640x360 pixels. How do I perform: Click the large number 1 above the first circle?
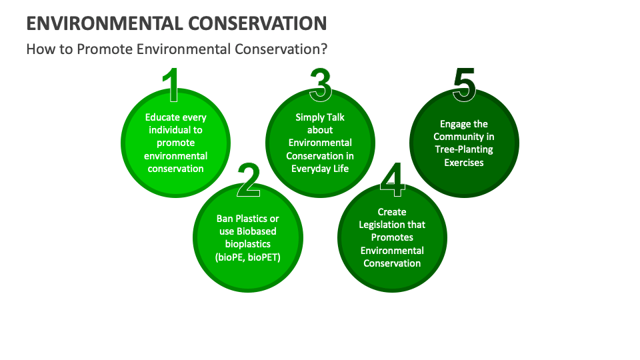click(173, 85)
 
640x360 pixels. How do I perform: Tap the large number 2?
click(248, 180)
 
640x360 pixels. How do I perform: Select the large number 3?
click(320, 85)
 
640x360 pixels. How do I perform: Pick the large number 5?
click(464, 85)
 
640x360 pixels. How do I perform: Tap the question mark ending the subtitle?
click(323, 49)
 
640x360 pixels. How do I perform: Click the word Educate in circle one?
click(162, 117)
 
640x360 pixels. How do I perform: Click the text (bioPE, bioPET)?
click(247, 257)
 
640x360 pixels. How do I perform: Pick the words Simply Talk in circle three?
click(320, 117)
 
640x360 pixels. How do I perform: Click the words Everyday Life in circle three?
click(320, 168)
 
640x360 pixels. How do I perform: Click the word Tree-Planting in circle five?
click(464, 149)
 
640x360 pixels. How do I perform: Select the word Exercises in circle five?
click(464, 162)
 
